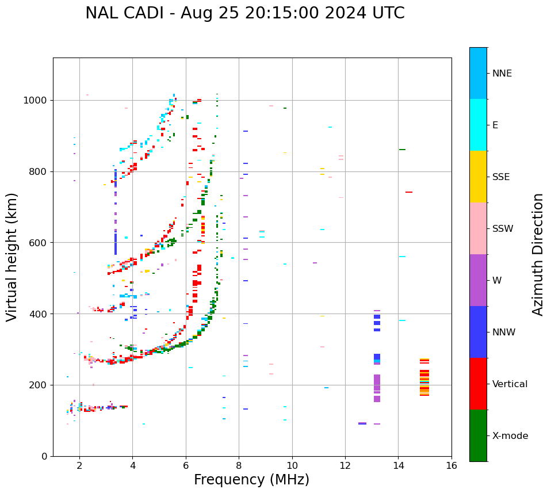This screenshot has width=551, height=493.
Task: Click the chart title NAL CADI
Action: [244, 13]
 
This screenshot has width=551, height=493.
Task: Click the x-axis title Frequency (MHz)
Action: [251, 480]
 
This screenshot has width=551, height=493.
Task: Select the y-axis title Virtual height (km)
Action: [12, 257]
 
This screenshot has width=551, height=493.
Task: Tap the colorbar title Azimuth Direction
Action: [538, 254]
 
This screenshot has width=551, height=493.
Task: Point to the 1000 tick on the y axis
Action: [38, 100]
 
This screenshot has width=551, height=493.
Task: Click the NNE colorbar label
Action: [502, 74]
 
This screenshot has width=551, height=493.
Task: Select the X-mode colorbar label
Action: [510, 436]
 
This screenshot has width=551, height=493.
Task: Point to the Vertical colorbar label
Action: [510, 384]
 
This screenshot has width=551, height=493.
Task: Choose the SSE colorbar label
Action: [500, 177]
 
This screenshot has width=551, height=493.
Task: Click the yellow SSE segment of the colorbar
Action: [478, 177]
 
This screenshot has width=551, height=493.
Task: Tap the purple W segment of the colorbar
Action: [478, 280]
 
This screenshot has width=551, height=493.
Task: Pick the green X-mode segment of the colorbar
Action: [478, 435]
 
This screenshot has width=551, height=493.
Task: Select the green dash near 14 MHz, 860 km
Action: [402, 150]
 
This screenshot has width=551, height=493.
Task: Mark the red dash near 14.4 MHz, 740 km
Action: [409, 192]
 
